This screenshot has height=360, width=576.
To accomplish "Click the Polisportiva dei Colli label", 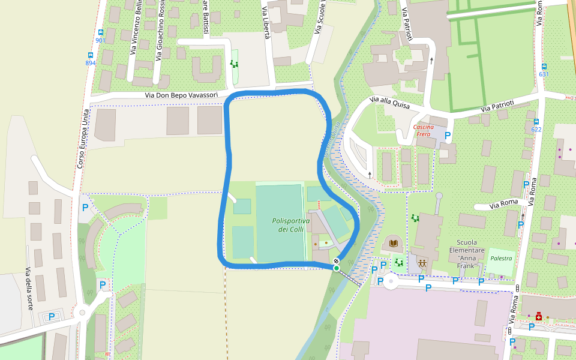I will click(290, 225).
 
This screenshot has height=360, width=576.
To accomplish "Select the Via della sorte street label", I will click(29, 289).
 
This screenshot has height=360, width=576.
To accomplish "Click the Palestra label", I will click(501, 259).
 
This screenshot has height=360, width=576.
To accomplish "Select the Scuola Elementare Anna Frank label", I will click(466, 254).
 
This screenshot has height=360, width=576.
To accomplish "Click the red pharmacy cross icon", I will click(539, 316).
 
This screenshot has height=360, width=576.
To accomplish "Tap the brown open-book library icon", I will click(394, 243).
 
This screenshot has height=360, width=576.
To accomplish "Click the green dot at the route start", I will click(336, 268).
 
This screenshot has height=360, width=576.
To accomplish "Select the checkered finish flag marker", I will click(337, 261).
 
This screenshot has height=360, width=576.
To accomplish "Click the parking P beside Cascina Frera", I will click(448, 136).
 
